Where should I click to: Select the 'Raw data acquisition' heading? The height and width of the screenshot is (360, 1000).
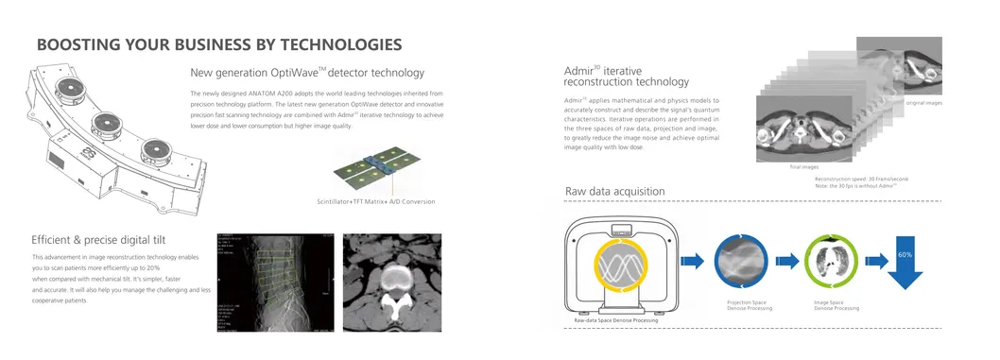[x=614, y=192]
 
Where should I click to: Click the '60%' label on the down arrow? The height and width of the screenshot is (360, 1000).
[x=905, y=255]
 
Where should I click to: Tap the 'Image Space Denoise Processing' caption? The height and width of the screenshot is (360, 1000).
[x=836, y=304]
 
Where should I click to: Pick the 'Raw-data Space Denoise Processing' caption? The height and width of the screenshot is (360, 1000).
[x=616, y=321]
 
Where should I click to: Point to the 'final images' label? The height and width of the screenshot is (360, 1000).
[x=802, y=167]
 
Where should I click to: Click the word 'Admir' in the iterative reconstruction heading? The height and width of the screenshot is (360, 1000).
[x=577, y=72]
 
